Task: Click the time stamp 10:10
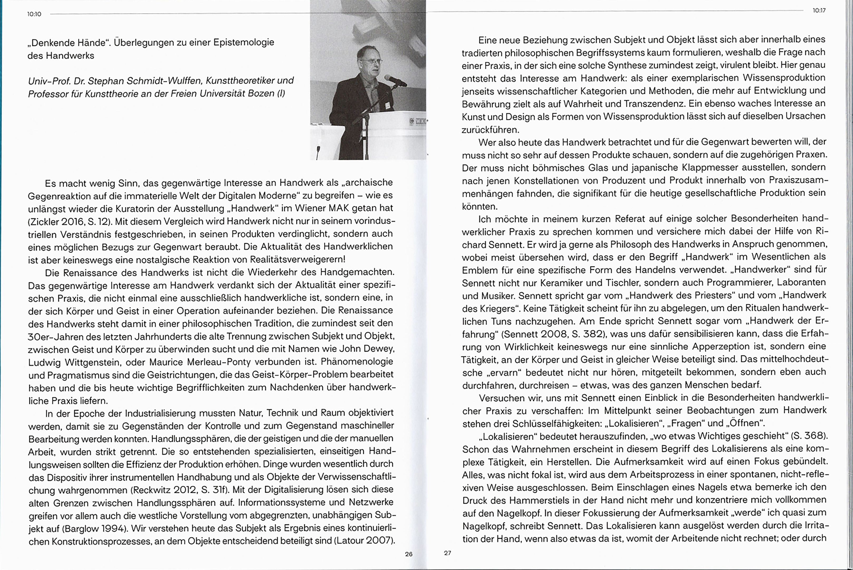[x=35, y=14]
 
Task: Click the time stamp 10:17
[x=819, y=11]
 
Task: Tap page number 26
[x=409, y=554]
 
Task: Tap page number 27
[x=448, y=553]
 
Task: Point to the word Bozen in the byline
[x=261, y=93]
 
